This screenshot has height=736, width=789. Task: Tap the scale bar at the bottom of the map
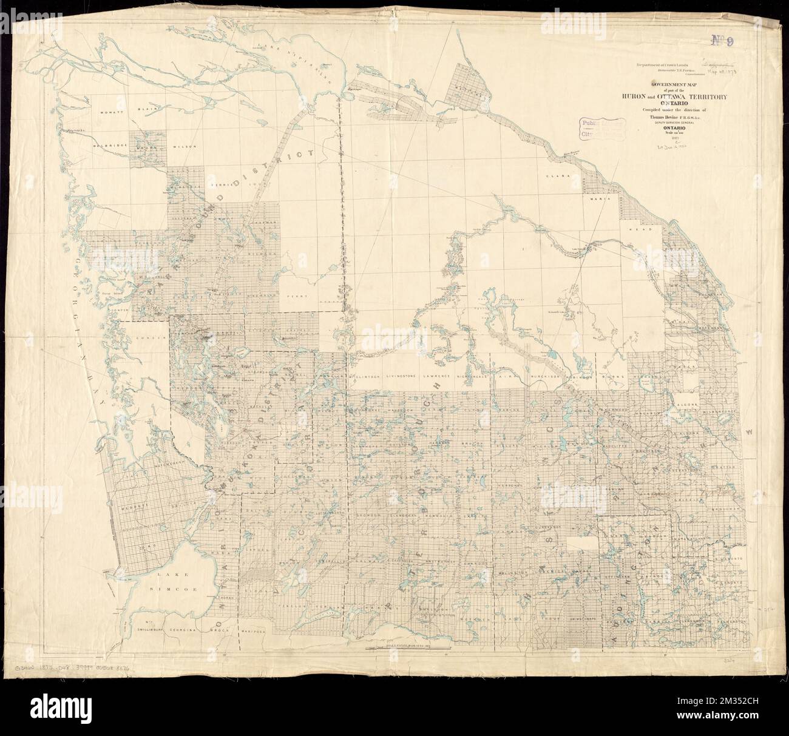tap(407, 649)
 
